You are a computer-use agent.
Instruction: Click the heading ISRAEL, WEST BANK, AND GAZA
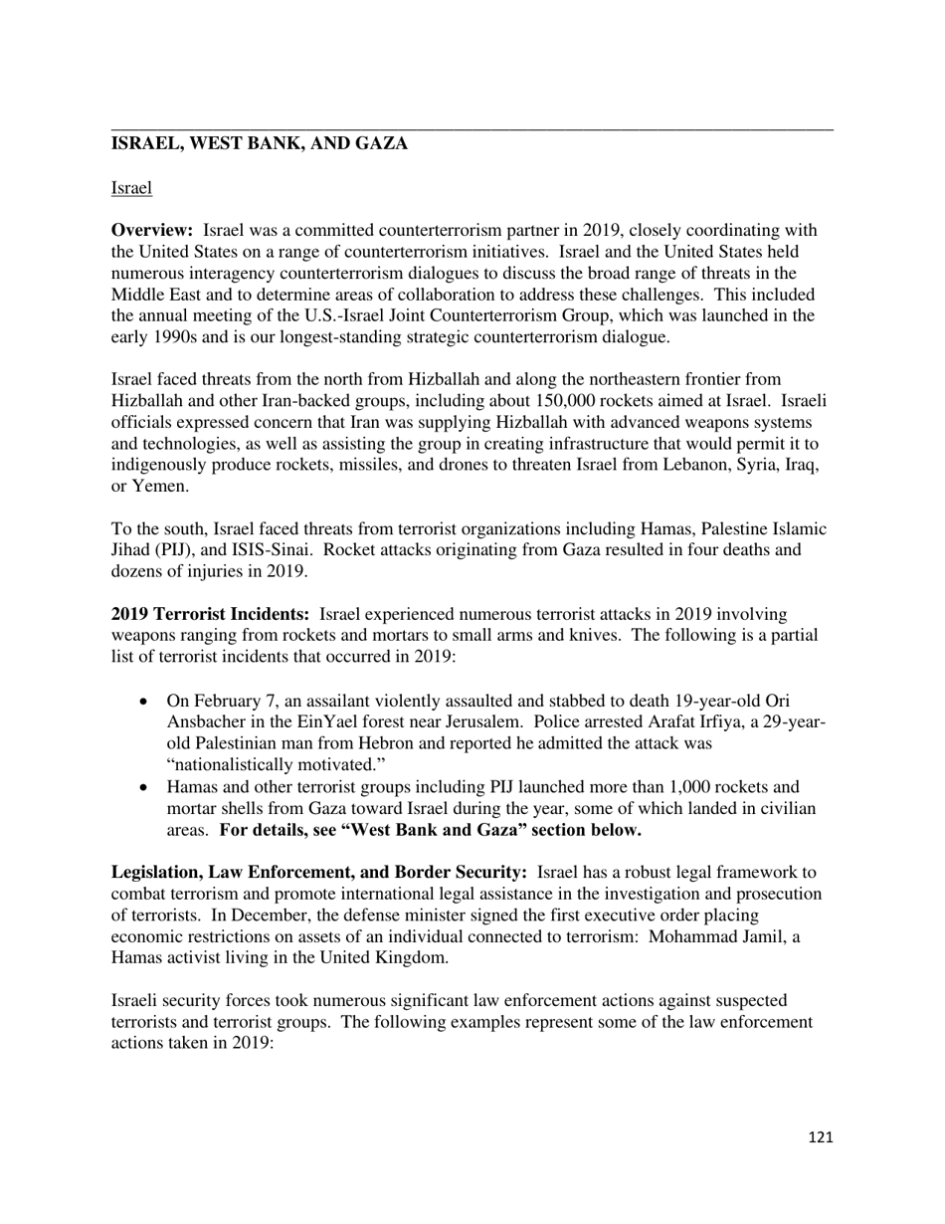(x=259, y=143)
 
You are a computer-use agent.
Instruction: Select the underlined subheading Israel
(x=131, y=187)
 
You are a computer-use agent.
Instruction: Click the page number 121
(x=820, y=1138)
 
